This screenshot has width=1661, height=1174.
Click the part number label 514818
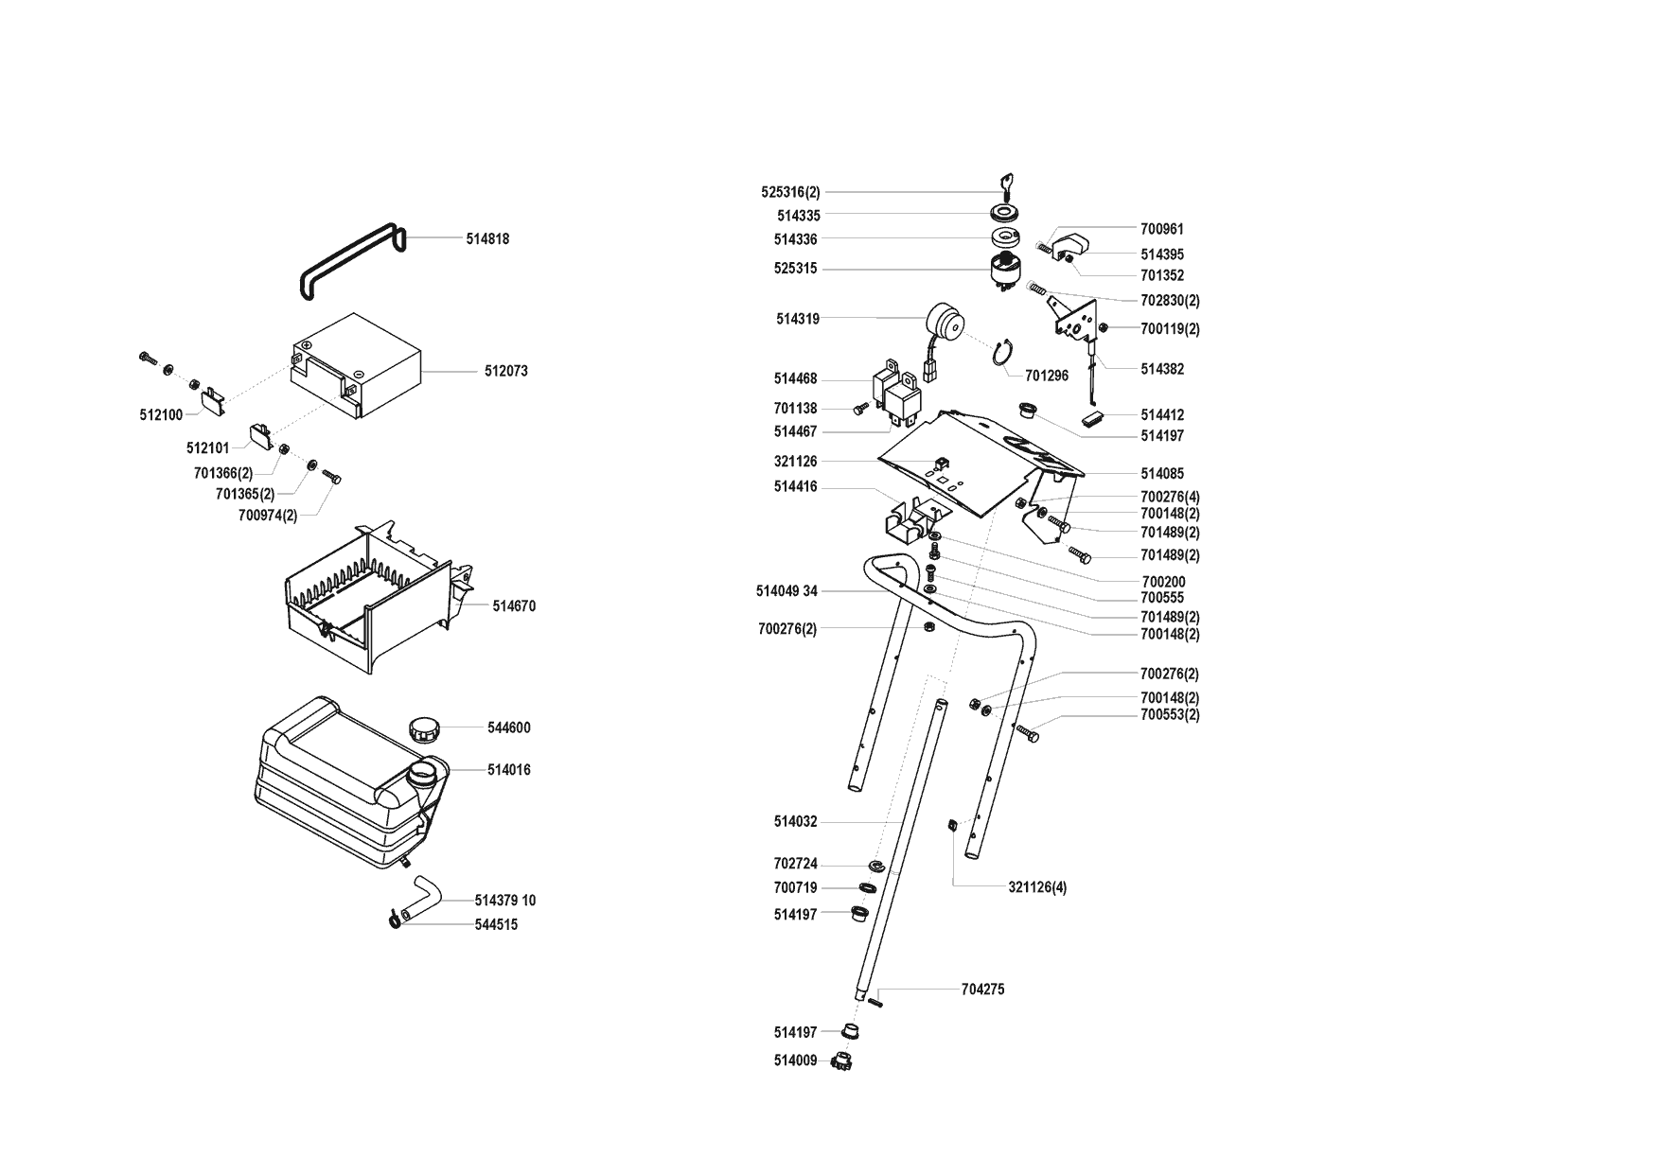coord(486,239)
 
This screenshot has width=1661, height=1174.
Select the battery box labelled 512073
coord(355,364)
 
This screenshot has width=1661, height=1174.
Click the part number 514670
coord(513,606)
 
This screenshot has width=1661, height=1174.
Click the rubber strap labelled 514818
coord(350,261)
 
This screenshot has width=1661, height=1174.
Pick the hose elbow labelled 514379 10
coord(420,898)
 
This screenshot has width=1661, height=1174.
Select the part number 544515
coord(496,925)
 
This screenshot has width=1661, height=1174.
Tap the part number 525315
coord(795,270)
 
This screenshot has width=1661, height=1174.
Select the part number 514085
coord(1161,474)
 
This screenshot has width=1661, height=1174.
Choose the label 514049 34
coord(786,592)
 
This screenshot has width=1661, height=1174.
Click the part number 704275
coord(982,990)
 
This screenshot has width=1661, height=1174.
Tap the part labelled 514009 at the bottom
coord(840,1061)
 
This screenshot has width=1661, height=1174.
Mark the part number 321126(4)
coord(1037,888)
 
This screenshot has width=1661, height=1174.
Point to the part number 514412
coord(1161,415)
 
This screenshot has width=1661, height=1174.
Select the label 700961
coord(1161,229)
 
